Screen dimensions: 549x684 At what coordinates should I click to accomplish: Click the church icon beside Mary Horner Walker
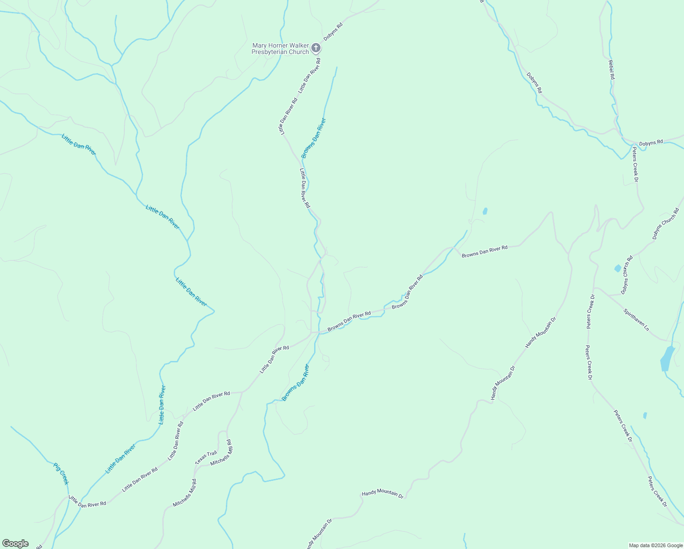315,48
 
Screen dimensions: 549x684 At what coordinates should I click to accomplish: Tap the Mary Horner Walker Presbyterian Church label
280,48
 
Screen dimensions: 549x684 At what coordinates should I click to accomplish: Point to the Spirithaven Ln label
636,320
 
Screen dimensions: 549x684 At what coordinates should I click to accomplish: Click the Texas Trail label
206,457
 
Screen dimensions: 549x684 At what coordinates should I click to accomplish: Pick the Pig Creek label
61,474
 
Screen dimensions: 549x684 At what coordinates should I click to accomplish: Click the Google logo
15,544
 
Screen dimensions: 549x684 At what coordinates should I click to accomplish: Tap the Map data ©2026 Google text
655,545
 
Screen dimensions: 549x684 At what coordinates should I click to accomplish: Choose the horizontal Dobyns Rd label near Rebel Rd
651,143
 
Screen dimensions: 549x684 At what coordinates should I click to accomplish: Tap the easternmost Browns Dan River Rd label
484,250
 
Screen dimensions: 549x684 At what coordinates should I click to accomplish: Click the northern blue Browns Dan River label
314,138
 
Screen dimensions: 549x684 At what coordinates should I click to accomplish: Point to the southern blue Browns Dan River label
295,383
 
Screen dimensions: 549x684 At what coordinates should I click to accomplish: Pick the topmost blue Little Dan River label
79,144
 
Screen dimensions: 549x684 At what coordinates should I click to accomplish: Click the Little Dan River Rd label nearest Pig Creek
87,501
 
